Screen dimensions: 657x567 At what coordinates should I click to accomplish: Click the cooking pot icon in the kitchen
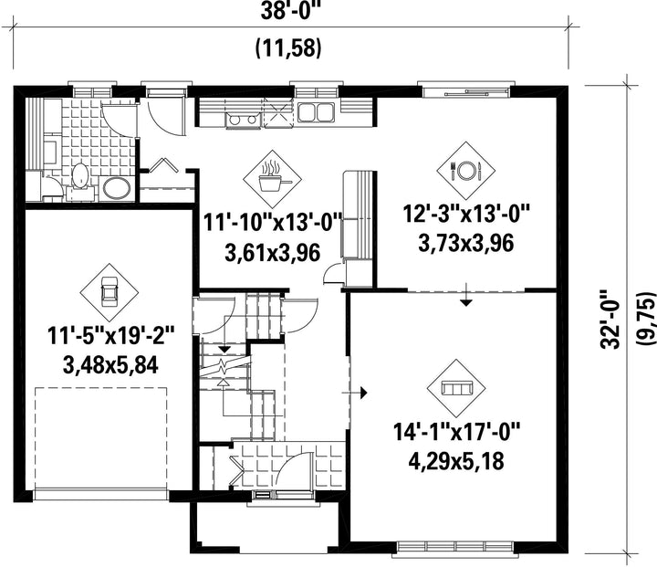[272, 179]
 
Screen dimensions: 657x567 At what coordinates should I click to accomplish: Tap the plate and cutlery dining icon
[465, 170]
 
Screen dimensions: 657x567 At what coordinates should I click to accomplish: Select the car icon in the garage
[109, 292]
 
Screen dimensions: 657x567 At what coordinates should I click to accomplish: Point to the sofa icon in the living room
[456, 388]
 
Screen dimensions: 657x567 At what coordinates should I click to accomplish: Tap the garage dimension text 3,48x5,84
[110, 364]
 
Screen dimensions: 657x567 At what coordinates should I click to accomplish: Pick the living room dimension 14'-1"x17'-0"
[456, 432]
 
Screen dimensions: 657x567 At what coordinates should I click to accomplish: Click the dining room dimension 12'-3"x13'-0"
[466, 214]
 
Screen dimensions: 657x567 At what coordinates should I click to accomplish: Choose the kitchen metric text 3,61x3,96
[272, 253]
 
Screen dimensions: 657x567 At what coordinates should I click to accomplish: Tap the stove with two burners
[241, 120]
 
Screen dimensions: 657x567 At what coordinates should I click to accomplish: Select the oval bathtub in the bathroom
[116, 188]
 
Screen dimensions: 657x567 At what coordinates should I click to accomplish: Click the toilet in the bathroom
[79, 178]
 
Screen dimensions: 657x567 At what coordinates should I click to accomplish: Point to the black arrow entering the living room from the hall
[354, 392]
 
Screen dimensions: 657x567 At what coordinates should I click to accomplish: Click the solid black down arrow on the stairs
[225, 348]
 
